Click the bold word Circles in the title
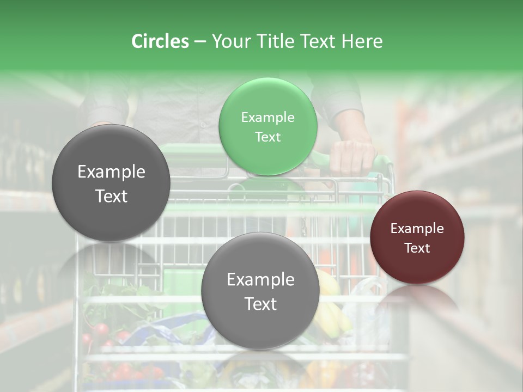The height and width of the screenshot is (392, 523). (x=160, y=41)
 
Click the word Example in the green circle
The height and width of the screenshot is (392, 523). (x=267, y=118)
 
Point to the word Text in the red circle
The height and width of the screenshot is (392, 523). (x=417, y=248)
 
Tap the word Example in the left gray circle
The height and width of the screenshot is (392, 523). (x=111, y=172)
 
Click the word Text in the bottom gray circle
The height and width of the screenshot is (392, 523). (x=260, y=304)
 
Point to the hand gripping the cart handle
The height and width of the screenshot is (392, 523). (x=351, y=155)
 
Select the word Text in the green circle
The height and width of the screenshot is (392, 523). (x=267, y=137)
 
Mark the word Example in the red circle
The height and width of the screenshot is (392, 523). (x=417, y=229)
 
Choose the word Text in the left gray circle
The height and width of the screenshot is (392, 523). (x=111, y=197)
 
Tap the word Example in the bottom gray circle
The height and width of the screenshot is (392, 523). (x=260, y=280)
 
